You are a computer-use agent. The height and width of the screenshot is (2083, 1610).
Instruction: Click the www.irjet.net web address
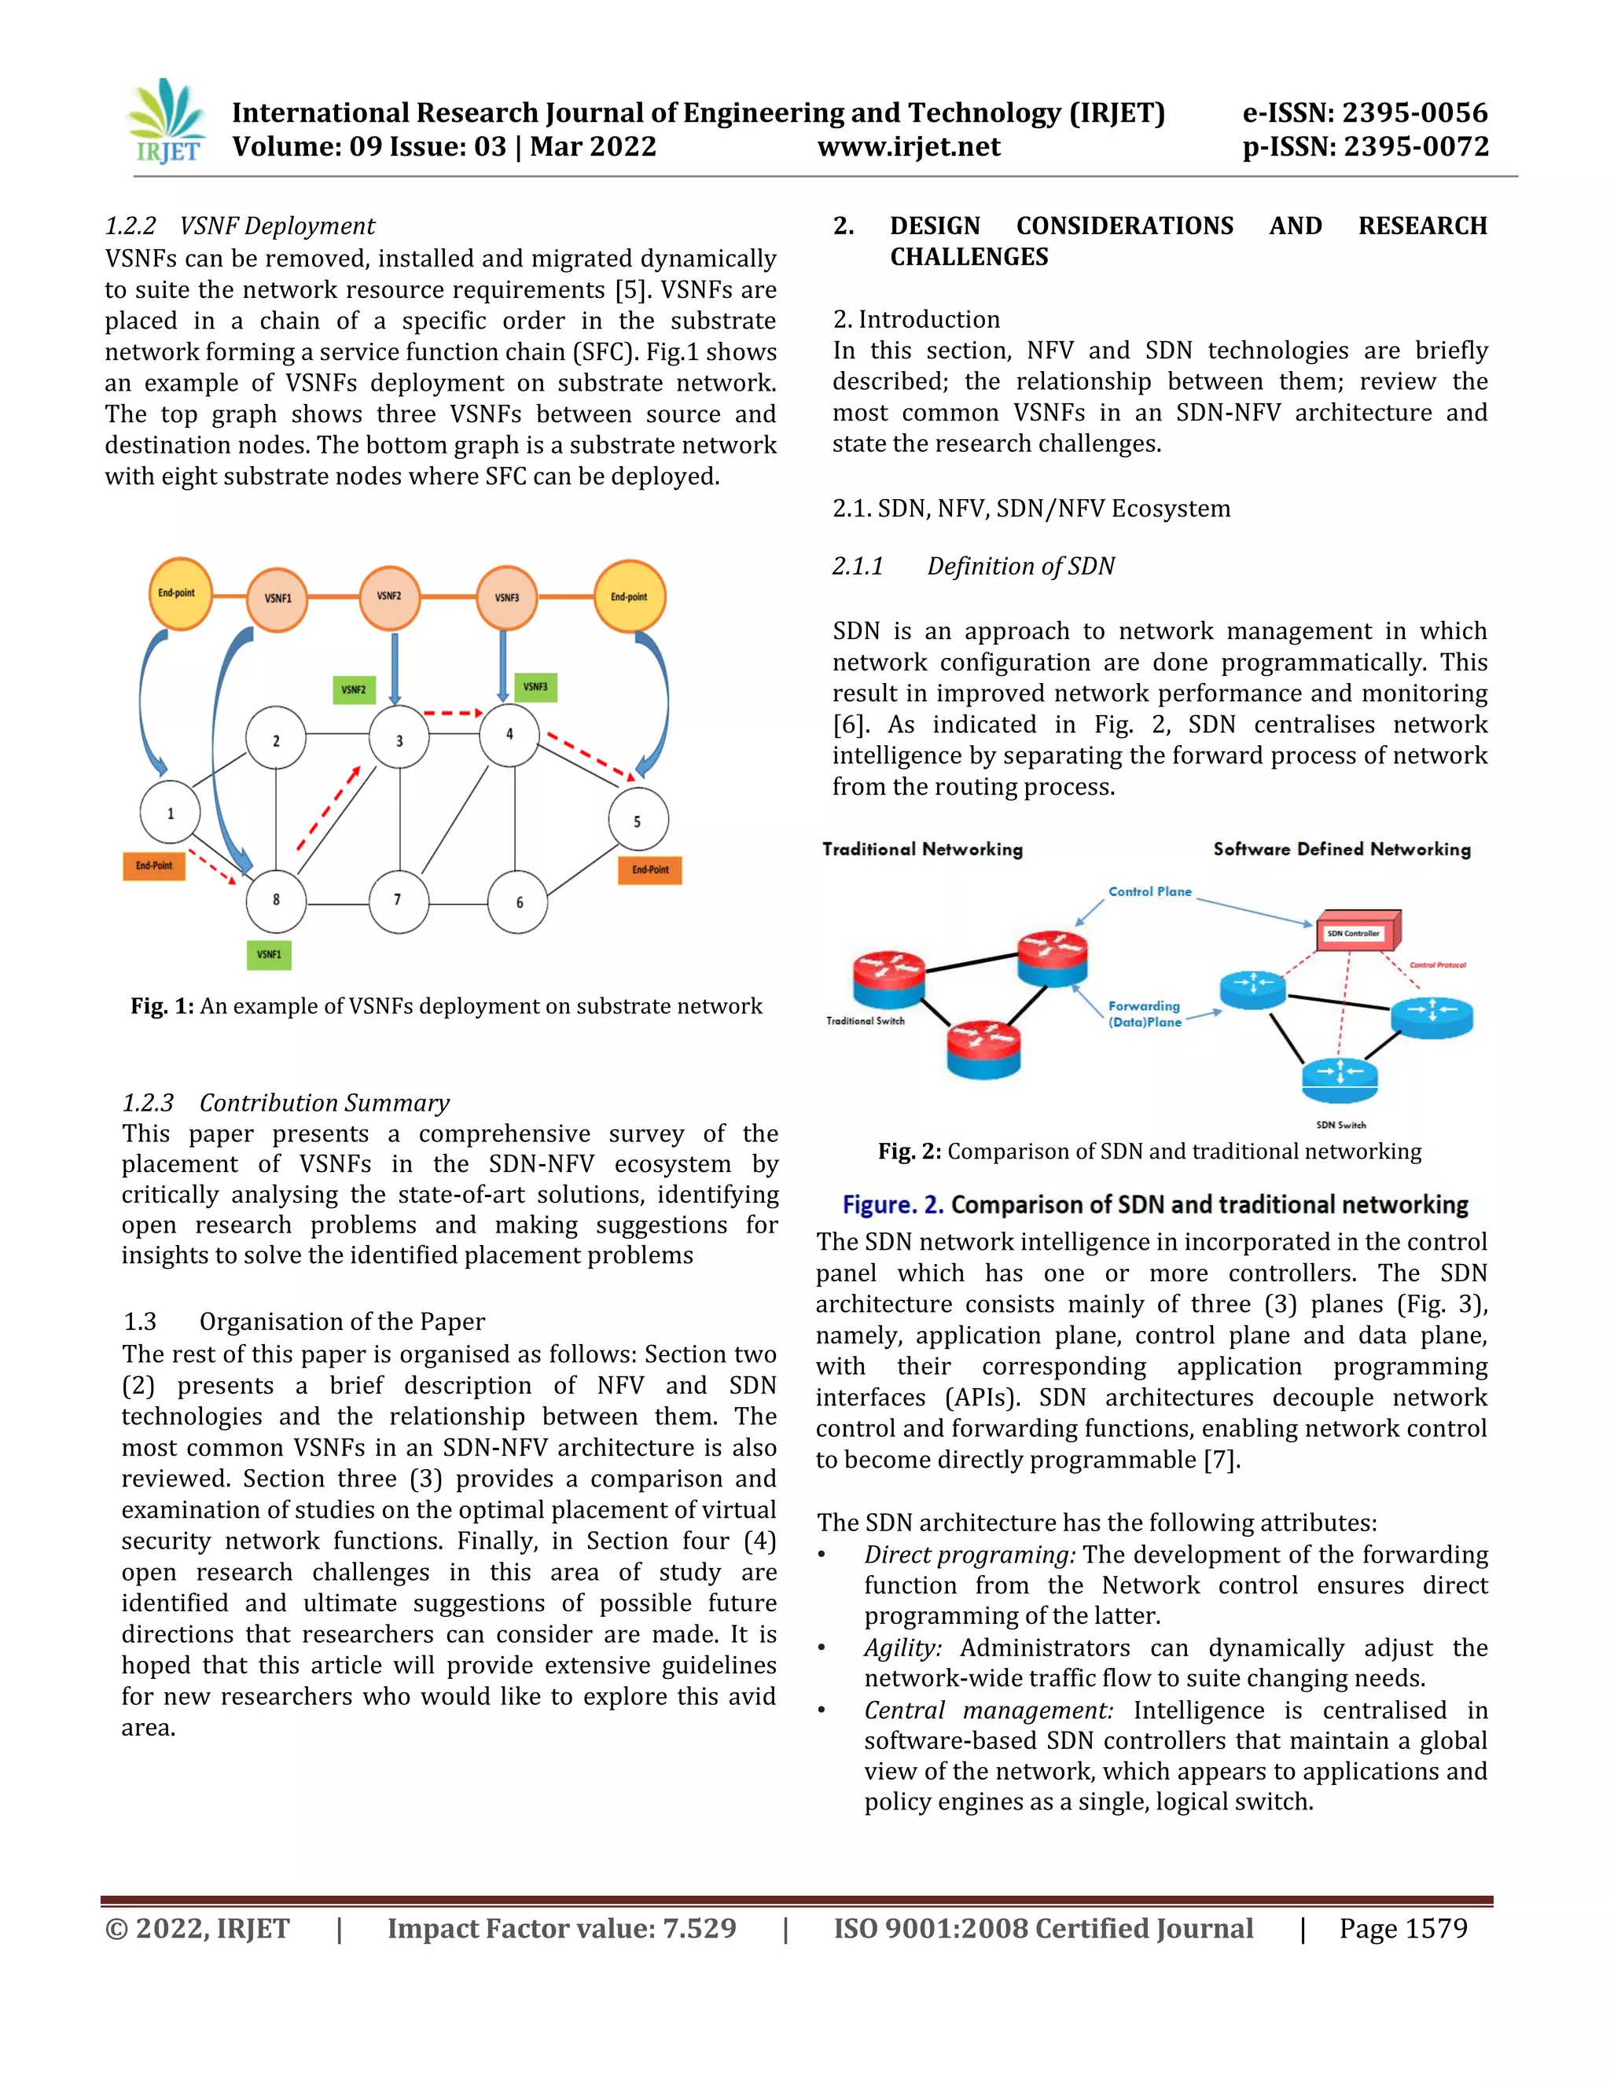click(x=908, y=147)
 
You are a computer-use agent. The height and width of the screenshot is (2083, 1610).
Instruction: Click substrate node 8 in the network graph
click(x=276, y=899)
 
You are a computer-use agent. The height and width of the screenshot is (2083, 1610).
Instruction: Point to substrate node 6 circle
click(x=519, y=902)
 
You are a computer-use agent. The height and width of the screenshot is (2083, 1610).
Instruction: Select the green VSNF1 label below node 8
click(x=269, y=953)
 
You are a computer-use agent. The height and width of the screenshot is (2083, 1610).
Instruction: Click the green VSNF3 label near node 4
click(x=535, y=687)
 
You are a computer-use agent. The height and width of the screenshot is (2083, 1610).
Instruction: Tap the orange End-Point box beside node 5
click(x=650, y=869)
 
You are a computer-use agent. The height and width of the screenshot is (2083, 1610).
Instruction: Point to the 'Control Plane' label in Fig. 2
click(x=1149, y=892)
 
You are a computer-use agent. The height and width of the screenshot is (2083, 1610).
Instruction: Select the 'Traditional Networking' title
click(x=922, y=849)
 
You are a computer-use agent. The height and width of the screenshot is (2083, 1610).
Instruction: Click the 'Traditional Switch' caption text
click(x=865, y=1020)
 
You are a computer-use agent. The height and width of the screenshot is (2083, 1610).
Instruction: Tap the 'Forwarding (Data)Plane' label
click(x=1145, y=1014)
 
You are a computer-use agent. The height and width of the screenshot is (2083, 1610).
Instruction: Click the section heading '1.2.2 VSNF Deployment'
click(x=240, y=226)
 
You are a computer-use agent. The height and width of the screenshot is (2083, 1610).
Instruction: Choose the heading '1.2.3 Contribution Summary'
click(x=285, y=1103)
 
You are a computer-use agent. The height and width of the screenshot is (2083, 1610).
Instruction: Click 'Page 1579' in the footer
click(x=1403, y=1928)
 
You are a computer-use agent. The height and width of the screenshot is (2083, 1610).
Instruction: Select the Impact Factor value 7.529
click(x=699, y=1928)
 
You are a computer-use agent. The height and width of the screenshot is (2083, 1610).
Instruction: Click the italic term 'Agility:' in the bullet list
click(x=902, y=1648)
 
